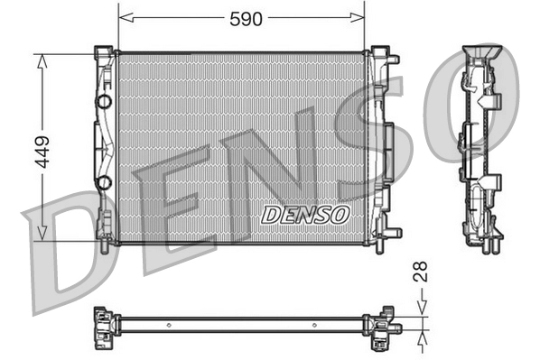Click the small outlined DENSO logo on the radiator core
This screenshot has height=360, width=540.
[304, 215]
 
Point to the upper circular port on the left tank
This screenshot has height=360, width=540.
[104, 100]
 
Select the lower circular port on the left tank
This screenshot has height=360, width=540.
[104, 183]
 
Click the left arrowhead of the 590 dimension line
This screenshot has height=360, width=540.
[124, 16]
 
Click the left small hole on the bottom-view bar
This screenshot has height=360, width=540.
[169, 324]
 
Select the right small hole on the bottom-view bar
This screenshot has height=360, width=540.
[313, 324]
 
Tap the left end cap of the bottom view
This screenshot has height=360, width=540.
[104, 322]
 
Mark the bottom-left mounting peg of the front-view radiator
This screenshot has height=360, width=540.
[105, 239]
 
